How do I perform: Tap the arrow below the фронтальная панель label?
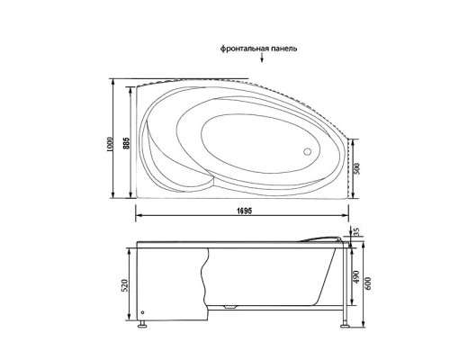(263, 61)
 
